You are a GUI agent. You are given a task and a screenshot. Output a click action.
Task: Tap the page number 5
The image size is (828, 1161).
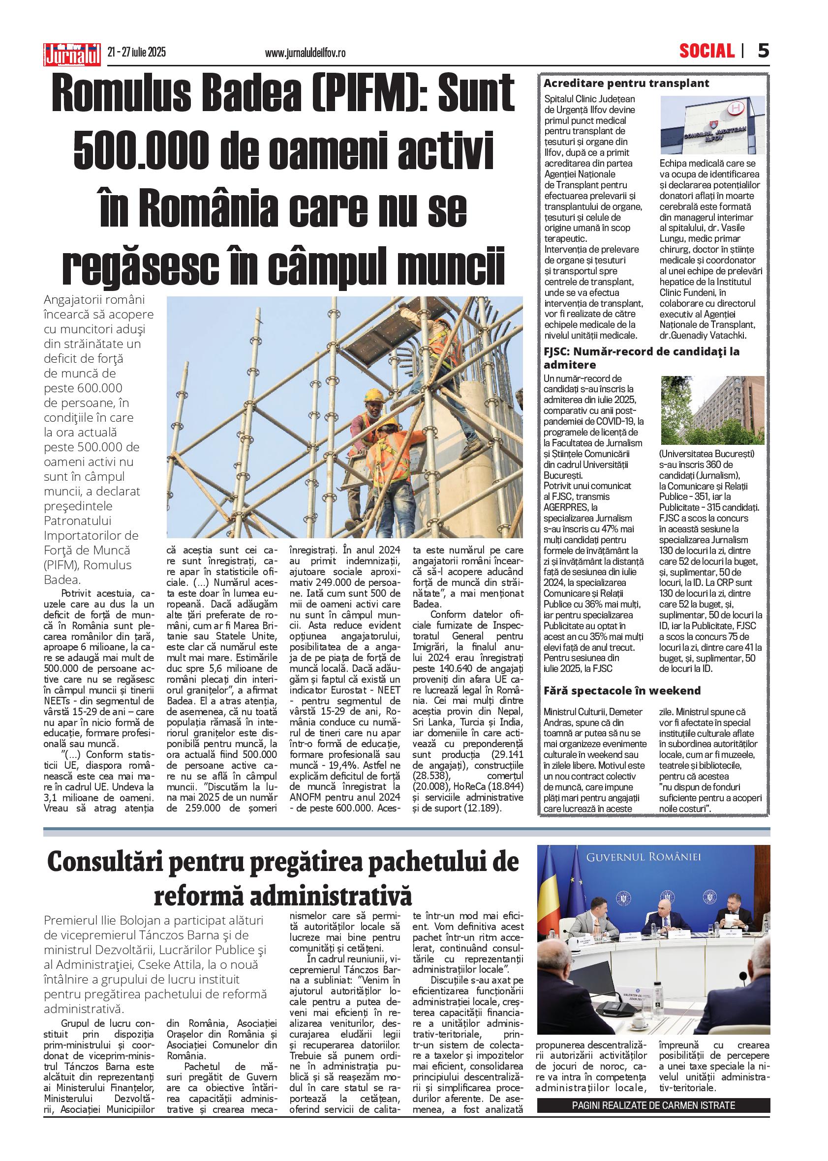click(763, 51)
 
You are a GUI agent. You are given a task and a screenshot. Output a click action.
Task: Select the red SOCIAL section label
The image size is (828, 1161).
click(706, 51)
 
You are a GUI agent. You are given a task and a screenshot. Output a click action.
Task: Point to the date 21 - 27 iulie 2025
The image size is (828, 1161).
click(137, 53)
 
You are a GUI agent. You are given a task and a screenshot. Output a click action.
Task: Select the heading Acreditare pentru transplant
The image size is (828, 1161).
click(626, 84)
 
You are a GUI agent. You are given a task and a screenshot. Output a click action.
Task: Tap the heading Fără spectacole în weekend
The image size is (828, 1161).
click(622, 691)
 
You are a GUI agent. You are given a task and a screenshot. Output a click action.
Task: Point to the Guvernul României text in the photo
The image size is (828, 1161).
click(644, 857)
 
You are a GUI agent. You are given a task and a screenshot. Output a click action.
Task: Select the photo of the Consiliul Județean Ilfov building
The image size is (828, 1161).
click(712, 125)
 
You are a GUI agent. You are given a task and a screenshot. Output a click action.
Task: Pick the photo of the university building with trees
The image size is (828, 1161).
click(712, 410)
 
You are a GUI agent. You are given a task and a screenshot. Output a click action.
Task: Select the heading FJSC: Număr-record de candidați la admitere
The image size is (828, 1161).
click(641, 358)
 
